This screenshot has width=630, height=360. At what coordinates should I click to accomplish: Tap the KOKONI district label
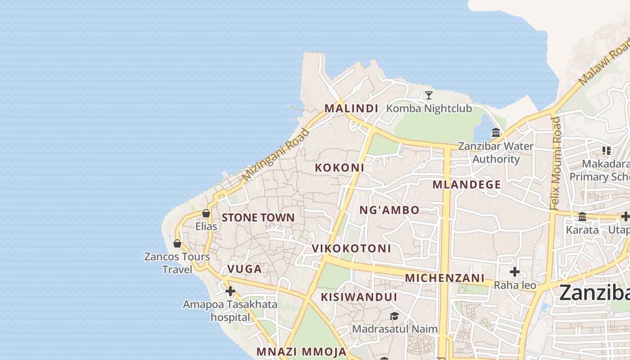339,168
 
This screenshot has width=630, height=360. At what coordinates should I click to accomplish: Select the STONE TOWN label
258,218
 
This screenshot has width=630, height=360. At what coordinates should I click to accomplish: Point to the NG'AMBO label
389,210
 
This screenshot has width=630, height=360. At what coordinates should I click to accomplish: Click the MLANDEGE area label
467,184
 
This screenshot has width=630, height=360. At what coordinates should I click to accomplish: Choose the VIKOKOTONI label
351,249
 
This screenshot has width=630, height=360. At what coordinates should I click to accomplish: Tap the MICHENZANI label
445,278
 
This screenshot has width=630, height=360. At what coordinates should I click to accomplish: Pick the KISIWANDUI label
359,297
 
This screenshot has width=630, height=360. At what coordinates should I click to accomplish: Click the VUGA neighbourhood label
244,269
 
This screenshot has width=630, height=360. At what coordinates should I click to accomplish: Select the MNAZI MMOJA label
301,352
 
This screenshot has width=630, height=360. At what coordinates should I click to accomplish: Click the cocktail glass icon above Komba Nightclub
429,95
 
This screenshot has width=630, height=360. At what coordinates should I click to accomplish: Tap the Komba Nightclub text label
429,108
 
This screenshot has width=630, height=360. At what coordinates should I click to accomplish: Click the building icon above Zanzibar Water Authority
496,133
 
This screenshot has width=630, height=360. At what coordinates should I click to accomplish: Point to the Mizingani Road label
276,155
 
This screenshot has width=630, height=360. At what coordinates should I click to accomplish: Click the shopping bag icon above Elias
206,213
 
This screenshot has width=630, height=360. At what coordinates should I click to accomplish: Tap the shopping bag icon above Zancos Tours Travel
177,243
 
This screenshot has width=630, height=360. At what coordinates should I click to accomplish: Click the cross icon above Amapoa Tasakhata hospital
230,291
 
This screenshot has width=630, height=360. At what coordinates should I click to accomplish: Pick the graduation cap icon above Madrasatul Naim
394,316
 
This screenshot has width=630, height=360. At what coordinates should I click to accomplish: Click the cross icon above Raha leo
515,272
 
